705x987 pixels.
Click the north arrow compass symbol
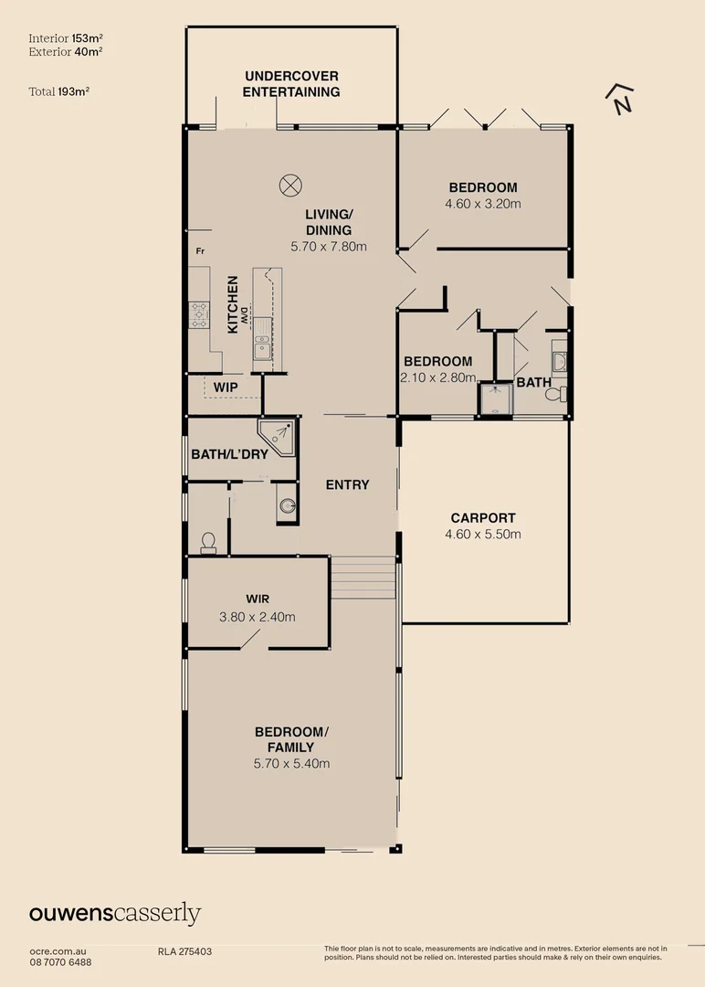click(x=622, y=98)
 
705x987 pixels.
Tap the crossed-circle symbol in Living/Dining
click(x=290, y=184)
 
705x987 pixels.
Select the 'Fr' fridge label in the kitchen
click(x=200, y=250)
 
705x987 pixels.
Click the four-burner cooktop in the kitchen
click(x=199, y=314)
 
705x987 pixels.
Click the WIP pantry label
click(x=225, y=387)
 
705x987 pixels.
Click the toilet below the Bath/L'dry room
click(x=208, y=543)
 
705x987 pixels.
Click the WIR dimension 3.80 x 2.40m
click(x=258, y=617)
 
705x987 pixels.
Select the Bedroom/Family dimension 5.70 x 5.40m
click(x=291, y=763)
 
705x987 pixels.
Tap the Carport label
click(x=483, y=517)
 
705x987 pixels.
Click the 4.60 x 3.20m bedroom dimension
click(x=483, y=204)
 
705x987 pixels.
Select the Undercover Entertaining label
click(x=291, y=83)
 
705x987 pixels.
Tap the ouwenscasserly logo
click(x=115, y=913)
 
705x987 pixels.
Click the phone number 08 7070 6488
click(x=60, y=961)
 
